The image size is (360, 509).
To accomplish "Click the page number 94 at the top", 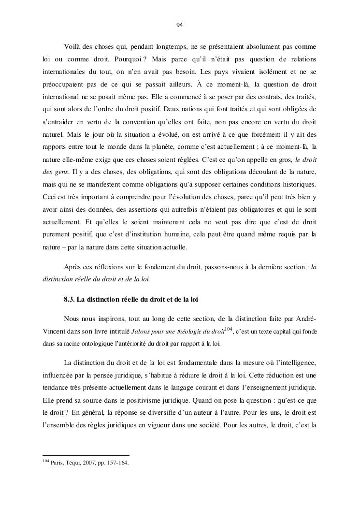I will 180,25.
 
